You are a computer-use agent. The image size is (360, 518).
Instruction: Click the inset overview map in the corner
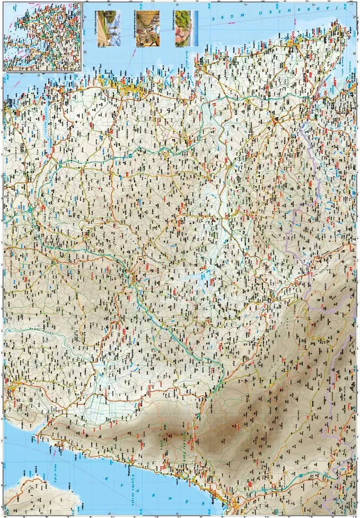pos(42,36)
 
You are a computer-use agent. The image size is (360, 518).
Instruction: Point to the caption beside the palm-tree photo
pos(95,29)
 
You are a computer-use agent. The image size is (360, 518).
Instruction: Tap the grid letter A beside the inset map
pos(85,17)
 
